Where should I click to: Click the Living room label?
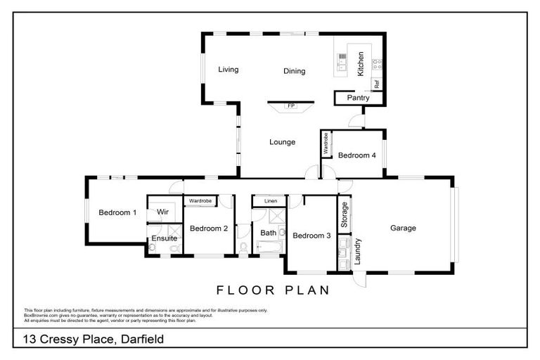(x=228, y=70)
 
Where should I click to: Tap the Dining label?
(x=294, y=71)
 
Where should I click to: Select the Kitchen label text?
(x=361, y=64)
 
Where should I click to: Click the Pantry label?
(x=358, y=98)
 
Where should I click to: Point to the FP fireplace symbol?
(x=290, y=106)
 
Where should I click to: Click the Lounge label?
(x=282, y=142)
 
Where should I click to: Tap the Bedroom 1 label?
(x=117, y=212)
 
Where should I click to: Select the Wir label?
(x=162, y=212)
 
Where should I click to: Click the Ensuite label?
(x=164, y=239)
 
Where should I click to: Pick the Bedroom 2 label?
(x=209, y=229)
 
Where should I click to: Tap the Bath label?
(x=269, y=233)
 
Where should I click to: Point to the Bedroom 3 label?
(x=311, y=236)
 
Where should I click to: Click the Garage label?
(x=404, y=228)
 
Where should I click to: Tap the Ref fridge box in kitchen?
(x=377, y=83)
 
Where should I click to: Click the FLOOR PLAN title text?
(x=273, y=290)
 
